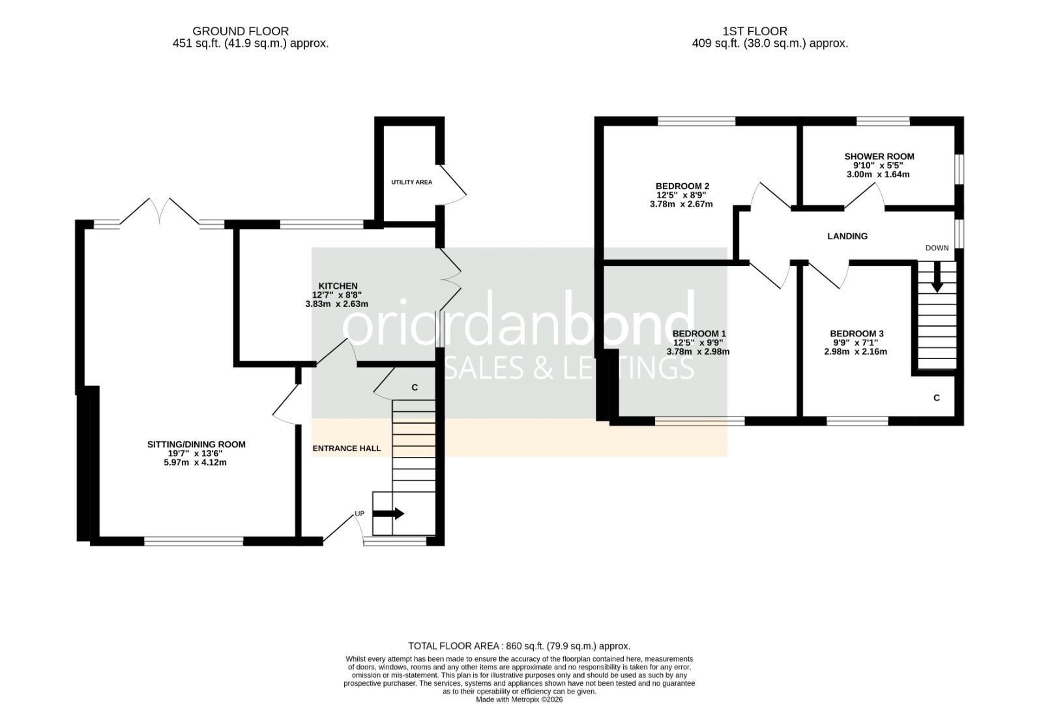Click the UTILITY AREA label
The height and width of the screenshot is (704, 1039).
pos(411,183)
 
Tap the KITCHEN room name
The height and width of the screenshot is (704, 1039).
pos(338,286)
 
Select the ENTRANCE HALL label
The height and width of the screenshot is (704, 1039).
pos(347,448)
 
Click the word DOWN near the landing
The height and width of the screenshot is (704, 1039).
pos(937,248)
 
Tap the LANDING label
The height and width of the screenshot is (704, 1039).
pos(847,236)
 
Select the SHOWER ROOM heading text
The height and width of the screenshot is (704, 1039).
pos(879,156)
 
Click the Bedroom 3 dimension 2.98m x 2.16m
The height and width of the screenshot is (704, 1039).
pos(855,352)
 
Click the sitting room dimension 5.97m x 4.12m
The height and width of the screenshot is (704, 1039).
pos(196,463)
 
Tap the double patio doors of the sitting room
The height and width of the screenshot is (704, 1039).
pos(160,211)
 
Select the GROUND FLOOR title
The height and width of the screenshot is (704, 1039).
pos(240,31)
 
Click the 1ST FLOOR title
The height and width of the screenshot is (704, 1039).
pos(755,31)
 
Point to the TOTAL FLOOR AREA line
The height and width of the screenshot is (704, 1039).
pos(519,646)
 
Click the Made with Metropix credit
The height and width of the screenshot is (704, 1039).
pos(519,699)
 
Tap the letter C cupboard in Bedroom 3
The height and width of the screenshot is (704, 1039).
pos(937,398)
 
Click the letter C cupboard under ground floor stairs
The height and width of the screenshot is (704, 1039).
pos(415,388)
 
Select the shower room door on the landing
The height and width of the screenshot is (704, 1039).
pos(864,196)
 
